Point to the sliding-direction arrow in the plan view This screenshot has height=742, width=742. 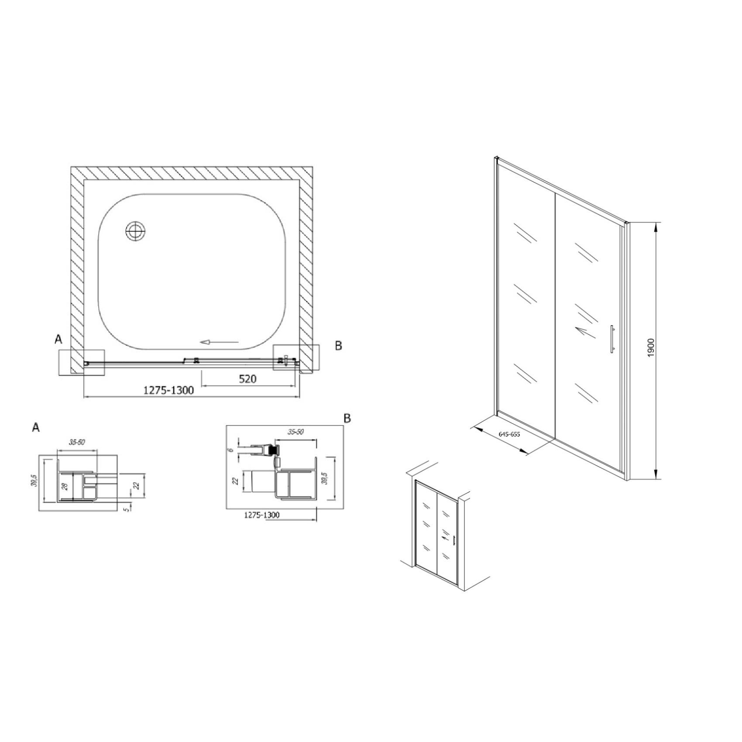pyautogui.click(x=219, y=342)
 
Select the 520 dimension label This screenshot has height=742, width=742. pyautogui.click(x=247, y=378)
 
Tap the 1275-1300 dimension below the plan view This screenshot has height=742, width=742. pyautogui.click(x=168, y=390)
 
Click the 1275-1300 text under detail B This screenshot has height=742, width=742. pyautogui.click(x=261, y=515)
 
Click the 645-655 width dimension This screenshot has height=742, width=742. pyautogui.click(x=509, y=434)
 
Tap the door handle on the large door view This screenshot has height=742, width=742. pyautogui.click(x=612, y=338)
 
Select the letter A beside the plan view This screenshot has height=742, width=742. pyautogui.click(x=58, y=339)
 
